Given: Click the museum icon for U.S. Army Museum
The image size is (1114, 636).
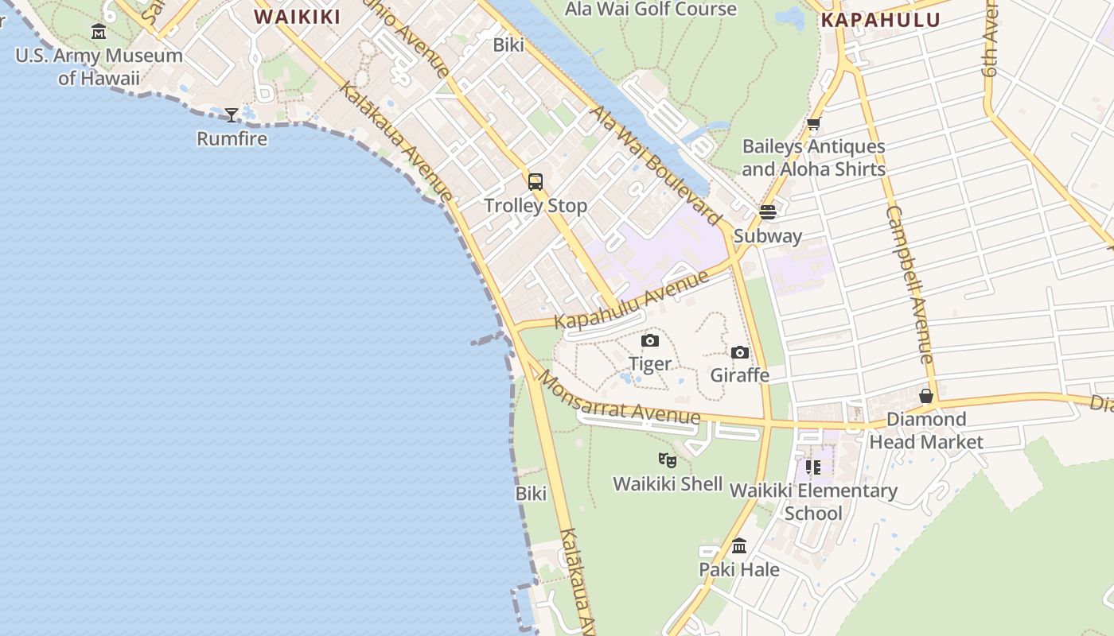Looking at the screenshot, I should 99,32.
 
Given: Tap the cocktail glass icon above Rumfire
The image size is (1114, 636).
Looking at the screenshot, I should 232,115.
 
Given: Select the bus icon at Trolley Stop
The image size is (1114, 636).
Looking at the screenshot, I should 536,182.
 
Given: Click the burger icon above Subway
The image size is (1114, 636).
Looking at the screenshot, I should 768,212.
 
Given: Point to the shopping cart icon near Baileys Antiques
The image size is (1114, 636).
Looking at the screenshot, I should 813,123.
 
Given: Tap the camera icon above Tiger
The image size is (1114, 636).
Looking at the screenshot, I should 650,340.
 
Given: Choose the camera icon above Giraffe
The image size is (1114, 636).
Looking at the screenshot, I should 740,352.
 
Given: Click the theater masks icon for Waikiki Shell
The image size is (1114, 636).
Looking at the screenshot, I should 668,460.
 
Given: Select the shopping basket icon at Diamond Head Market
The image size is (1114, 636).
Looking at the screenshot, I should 926,396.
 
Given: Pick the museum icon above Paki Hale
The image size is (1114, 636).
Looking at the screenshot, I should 739,546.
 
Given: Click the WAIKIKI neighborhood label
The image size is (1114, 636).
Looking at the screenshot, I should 297,17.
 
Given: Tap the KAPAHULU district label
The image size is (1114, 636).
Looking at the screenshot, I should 880,21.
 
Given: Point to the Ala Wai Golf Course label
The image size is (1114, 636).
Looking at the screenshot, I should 651,10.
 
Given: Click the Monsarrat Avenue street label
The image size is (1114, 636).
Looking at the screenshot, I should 619,400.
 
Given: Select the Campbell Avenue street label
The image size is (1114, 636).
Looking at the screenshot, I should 910,285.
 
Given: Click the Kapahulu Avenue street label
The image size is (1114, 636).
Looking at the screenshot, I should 631,300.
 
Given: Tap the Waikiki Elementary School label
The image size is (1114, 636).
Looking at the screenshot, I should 813,502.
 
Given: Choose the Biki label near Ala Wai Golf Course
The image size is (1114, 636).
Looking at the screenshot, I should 508,45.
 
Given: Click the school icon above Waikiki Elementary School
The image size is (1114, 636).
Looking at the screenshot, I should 812,467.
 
